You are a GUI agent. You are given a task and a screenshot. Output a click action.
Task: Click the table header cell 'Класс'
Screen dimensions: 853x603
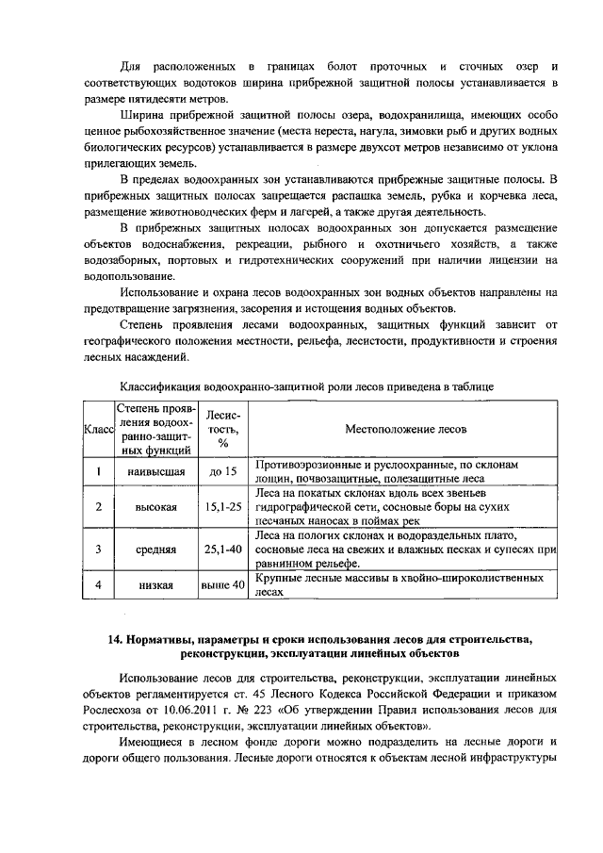tap(99, 430)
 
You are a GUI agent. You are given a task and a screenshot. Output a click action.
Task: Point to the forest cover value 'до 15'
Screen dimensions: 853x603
tap(223, 471)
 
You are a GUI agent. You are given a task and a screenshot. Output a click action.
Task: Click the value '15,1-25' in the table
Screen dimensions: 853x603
tap(223, 506)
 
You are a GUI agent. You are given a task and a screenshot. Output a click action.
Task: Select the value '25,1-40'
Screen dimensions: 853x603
tap(223, 548)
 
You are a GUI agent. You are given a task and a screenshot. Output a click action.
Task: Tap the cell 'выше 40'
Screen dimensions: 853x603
tap(223, 585)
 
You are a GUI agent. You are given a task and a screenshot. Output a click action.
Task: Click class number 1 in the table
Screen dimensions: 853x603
tap(99, 471)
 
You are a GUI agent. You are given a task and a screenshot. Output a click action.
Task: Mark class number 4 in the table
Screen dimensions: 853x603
tap(99, 585)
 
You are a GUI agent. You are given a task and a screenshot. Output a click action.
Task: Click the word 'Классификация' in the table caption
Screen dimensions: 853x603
tap(161, 386)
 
